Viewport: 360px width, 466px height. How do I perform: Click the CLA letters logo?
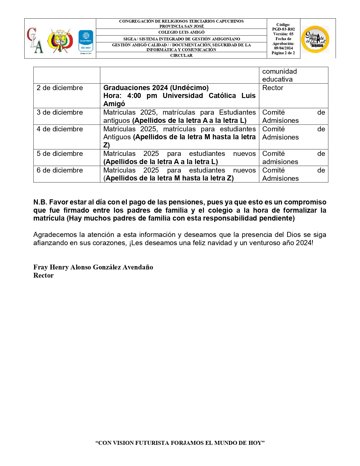point(35,40)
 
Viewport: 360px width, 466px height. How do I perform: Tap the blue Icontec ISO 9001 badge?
point(86,41)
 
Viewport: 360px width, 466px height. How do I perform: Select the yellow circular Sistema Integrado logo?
point(315,39)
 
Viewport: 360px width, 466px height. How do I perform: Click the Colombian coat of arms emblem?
point(60,40)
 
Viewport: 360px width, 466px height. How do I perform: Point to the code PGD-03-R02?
point(283,29)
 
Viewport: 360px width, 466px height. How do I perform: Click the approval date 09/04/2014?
point(283,48)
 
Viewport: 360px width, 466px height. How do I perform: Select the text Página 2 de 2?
point(283,53)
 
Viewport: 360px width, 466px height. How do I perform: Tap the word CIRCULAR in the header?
point(181,55)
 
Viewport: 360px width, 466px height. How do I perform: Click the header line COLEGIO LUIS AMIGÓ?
point(181,32)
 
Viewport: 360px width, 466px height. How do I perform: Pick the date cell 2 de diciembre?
point(60,88)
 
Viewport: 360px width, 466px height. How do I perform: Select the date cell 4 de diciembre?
point(60,129)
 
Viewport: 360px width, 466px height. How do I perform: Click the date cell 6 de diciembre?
point(60,170)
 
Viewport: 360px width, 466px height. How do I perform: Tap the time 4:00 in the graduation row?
point(134,96)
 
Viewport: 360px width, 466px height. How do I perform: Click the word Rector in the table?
point(272,88)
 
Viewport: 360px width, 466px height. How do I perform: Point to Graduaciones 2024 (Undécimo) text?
point(156,88)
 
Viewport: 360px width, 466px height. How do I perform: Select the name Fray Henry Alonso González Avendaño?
point(93,267)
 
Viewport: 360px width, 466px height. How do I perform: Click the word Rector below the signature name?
point(43,275)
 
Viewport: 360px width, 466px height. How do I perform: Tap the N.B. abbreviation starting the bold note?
point(40,202)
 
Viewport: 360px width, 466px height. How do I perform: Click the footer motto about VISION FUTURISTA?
point(180,443)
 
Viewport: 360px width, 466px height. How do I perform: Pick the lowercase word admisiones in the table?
point(280,162)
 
